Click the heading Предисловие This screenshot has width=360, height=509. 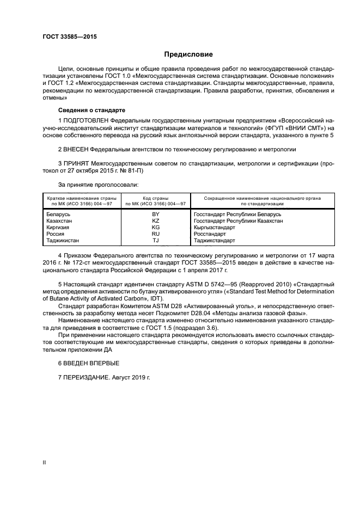pos(188,54)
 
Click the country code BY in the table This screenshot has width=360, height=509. pos(155,214)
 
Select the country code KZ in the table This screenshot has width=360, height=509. pos(155,221)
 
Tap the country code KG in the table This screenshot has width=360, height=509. pos(155,228)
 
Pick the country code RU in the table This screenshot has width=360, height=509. pos(155,234)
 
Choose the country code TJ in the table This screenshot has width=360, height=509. pos(155,240)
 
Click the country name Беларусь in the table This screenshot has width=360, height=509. pos(60,214)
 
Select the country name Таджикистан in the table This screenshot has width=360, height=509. pos(65,240)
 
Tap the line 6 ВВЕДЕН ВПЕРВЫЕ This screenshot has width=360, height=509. pos(88,363)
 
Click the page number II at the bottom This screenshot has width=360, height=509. pos(44,462)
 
